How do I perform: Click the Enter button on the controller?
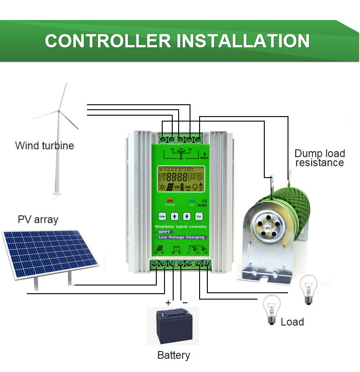pos(162,216)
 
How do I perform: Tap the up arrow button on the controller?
pos(174,216)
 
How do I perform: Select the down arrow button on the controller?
pos(186,216)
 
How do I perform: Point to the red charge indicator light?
pos(170,200)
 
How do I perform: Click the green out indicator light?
pos(191,200)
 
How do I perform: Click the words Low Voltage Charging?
pos(181,237)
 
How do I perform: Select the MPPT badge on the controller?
pos(164,232)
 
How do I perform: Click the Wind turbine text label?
pos(44,146)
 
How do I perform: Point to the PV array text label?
pos(38,219)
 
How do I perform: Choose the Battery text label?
pos(173,355)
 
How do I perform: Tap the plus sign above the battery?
pos(168,302)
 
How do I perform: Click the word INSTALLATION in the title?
pos(243,41)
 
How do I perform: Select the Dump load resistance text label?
pos(319,158)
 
